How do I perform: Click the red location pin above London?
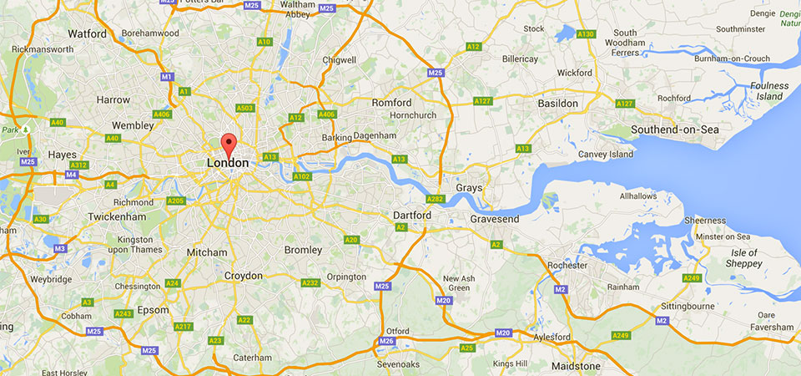coord(228,143)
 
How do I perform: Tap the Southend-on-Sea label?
coord(675,130)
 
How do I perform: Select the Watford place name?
coord(87,34)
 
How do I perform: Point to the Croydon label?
coord(244,276)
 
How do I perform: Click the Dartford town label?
coord(412,215)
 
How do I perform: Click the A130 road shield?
coord(587,34)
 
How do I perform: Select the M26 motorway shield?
coord(386,341)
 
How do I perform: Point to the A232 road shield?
coord(310,283)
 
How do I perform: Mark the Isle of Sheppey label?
coord(742,258)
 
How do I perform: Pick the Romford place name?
coord(391,102)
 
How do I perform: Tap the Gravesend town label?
coord(495,219)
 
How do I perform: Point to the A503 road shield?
coord(244,108)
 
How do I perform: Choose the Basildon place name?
coord(557,103)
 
